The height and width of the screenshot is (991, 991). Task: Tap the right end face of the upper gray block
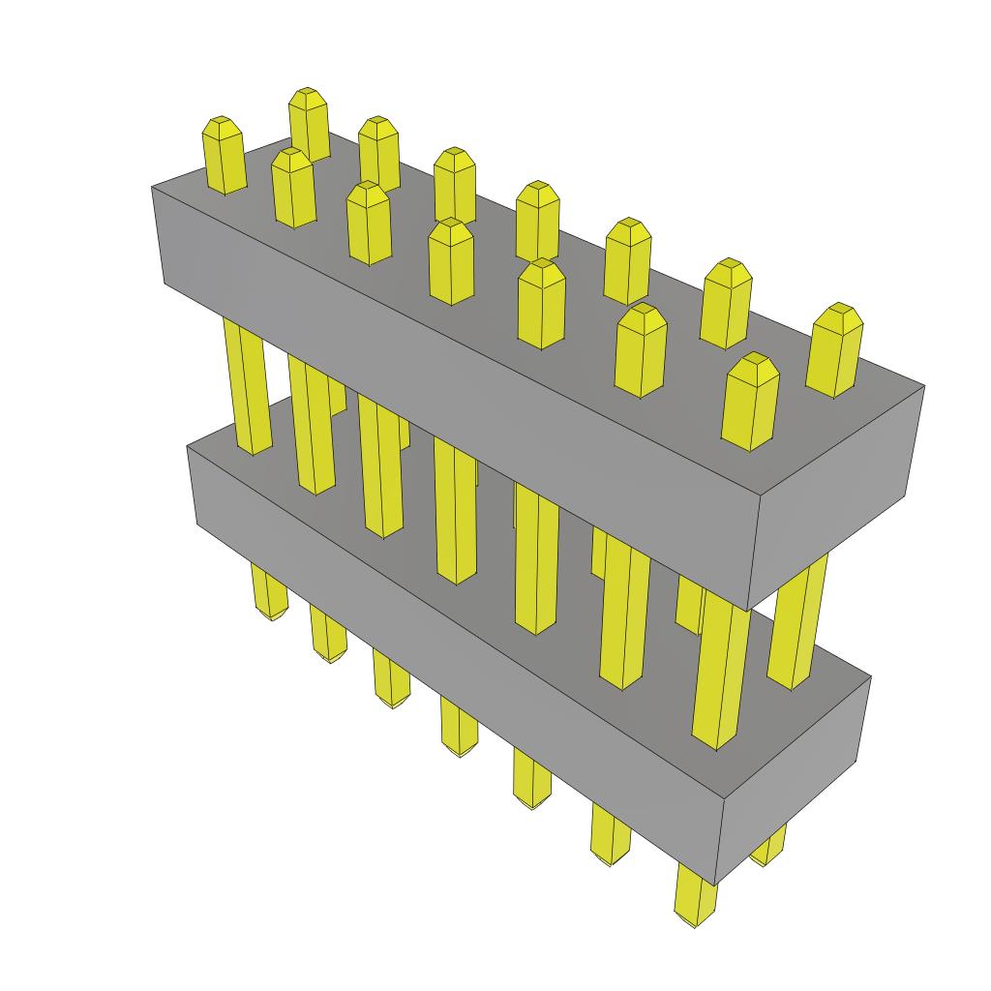pos(837,494)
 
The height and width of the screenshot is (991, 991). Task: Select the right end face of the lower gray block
pos(794,774)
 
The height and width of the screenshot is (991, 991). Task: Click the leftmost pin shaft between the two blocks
pos(247,387)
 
